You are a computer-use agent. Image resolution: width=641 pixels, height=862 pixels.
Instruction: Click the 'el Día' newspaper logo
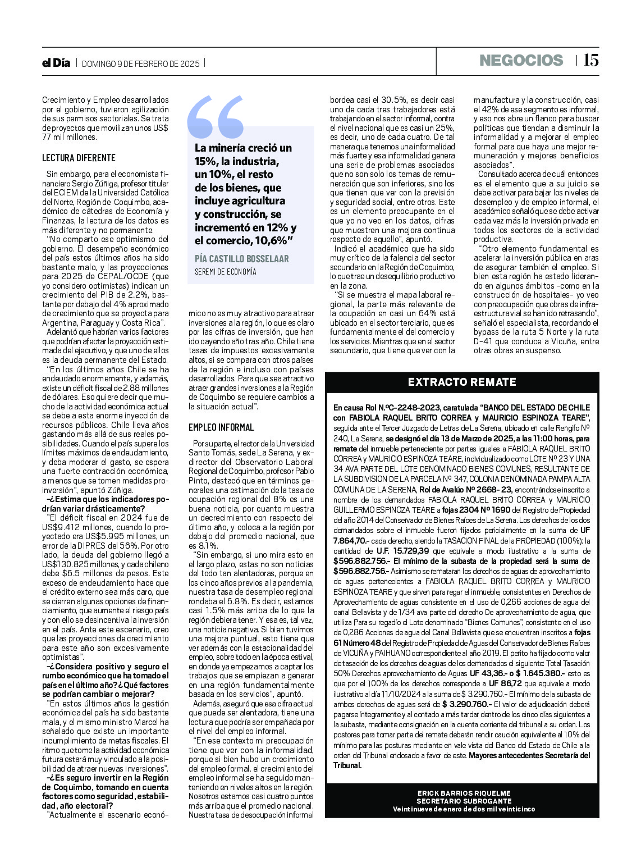pyautogui.click(x=56, y=63)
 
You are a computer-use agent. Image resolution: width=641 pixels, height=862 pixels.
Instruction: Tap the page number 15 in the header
pyautogui.click(x=591, y=60)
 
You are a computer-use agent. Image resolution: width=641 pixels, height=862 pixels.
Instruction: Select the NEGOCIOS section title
pyautogui.click(x=521, y=61)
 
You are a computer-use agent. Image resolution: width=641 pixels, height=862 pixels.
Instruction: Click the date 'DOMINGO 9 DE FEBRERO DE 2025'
pyautogui.click(x=140, y=64)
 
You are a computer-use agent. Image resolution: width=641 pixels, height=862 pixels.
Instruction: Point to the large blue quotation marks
pyautogui.click(x=216, y=117)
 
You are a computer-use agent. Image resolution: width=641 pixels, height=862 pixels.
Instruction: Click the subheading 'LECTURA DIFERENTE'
pyautogui.click(x=79, y=158)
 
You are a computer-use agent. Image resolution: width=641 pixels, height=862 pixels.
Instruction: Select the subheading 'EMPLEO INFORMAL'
pyautogui.click(x=221, y=427)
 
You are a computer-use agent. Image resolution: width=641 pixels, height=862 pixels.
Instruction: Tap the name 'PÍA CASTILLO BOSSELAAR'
pyautogui.click(x=241, y=259)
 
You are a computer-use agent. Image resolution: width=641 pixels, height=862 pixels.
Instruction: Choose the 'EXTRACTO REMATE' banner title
pyautogui.click(x=461, y=382)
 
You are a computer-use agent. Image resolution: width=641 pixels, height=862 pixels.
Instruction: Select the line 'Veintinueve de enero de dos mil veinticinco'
pyautogui.click(x=463, y=809)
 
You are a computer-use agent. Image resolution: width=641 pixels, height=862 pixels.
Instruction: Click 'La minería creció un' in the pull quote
pyautogui.click(x=243, y=148)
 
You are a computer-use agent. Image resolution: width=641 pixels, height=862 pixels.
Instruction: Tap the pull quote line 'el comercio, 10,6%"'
pyautogui.click(x=244, y=241)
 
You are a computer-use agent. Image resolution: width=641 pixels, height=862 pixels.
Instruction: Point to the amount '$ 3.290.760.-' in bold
pyautogui.click(x=466, y=704)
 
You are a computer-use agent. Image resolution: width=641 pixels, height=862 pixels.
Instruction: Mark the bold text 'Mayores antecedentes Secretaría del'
pyautogui.click(x=529, y=755)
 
